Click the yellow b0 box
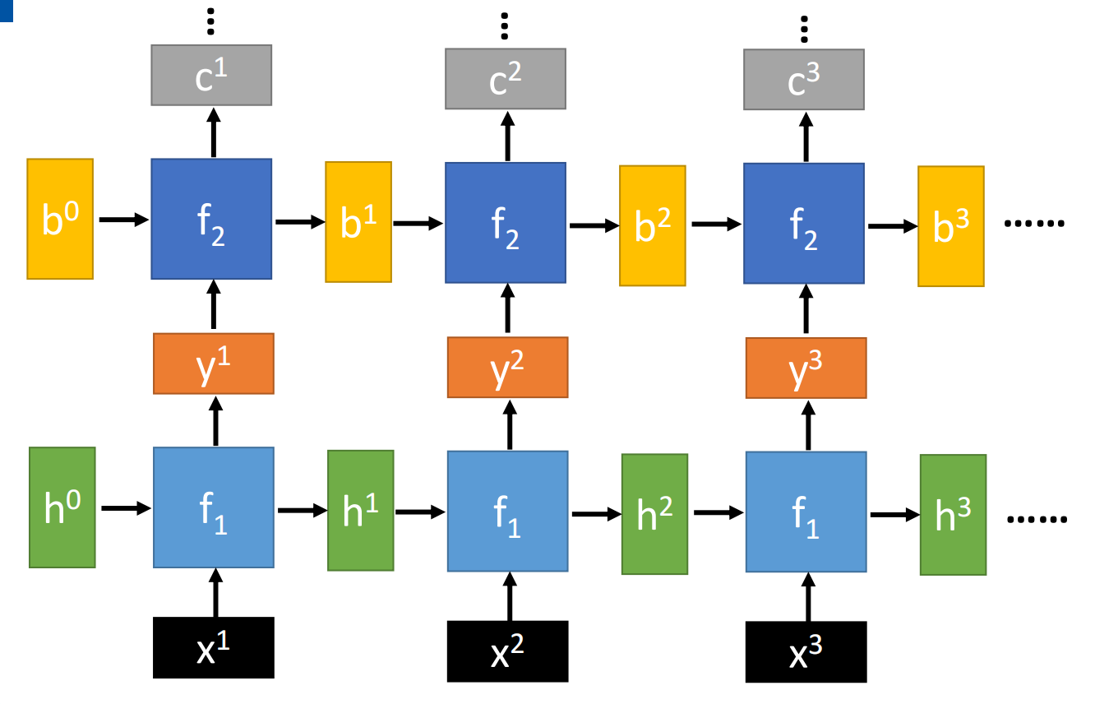pos(60,219)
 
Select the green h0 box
pos(62,507)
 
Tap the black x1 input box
pos(214,648)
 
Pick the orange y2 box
pos(508,367)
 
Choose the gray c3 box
pos(804,79)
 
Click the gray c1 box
pos(211,76)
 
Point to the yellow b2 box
pos(653,226)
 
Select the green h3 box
pos(954,515)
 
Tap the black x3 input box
pos(806,651)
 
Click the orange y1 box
pos(214,364)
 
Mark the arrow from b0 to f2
pos(124,220)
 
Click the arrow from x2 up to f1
pos(510,596)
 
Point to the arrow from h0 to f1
pos(126,508)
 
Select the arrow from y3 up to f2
pos(806,309)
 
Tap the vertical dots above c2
pos(505,26)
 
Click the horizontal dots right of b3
pos(1034,224)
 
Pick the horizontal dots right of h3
pos(1037,519)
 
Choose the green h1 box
pos(361,511)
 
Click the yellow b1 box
pos(358,222)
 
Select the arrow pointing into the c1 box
pos(214,132)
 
